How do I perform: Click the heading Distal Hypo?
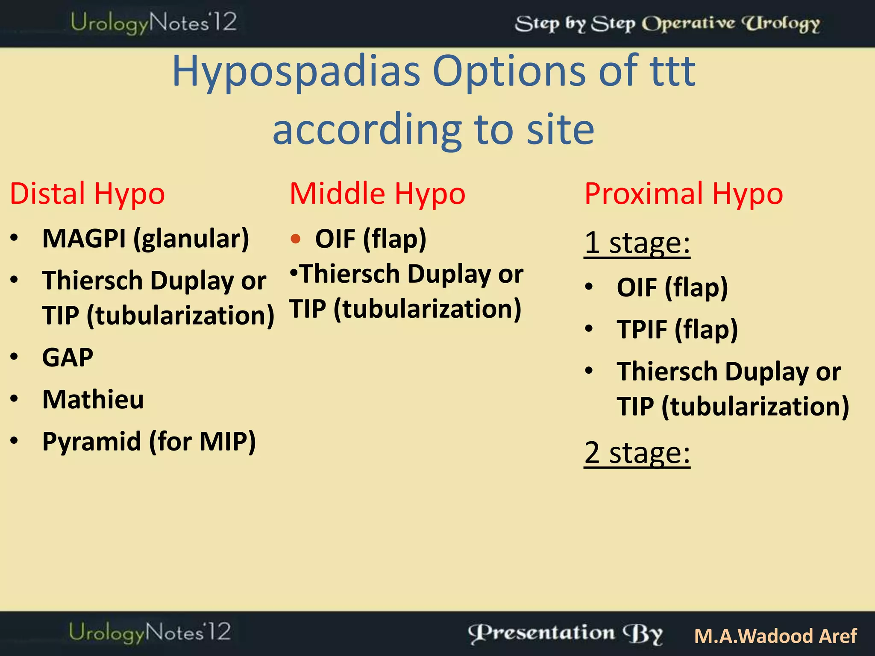click(x=87, y=194)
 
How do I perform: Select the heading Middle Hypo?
click(x=377, y=194)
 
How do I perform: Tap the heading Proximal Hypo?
click(x=684, y=194)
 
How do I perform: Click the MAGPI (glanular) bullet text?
click(x=145, y=238)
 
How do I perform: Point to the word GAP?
click(x=68, y=357)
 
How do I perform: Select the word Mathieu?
click(x=93, y=400)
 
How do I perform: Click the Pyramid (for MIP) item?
click(x=149, y=442)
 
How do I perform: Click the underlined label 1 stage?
click(x=637, y=243)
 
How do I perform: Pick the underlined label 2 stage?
click(x=637, y=453)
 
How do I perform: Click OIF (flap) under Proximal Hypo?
click(x=672, y=287)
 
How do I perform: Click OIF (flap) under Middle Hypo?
click(x=370, y=238)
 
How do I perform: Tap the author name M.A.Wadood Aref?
click(x=775, y=636)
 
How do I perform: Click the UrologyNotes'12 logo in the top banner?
click(x=153, y=23)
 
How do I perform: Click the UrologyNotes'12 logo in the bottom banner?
click(x=150, y=633)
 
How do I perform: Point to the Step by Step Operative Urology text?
click(x=667, y=23)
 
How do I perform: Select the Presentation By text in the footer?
click(x=565, y=634)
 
